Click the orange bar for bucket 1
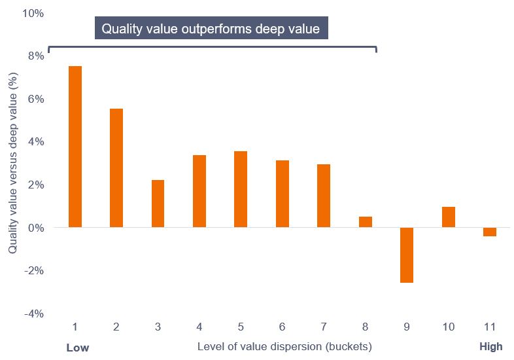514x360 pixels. tap(75, 147)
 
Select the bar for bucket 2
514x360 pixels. tap(116, 168)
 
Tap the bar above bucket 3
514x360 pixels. tap(158, 204)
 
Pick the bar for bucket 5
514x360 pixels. tap(241, 189)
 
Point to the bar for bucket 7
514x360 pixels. tap(324, 196)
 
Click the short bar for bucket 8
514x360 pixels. tap(366, 222)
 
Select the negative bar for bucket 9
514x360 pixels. tap(407, 255)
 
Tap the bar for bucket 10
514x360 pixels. tap(449, 217)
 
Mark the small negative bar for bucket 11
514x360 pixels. tap(490, 232)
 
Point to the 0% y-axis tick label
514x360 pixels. tap(36, 228)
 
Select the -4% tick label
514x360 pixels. tap(35, 314)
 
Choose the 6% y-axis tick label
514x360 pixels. tap(36, 99)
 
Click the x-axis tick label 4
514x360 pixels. tap(199, 327)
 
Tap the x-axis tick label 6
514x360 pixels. tap(283, 327)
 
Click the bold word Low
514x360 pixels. tap(77, 347)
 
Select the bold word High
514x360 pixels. tap(490, 347)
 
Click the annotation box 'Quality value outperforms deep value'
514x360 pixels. tap(211, 29)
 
